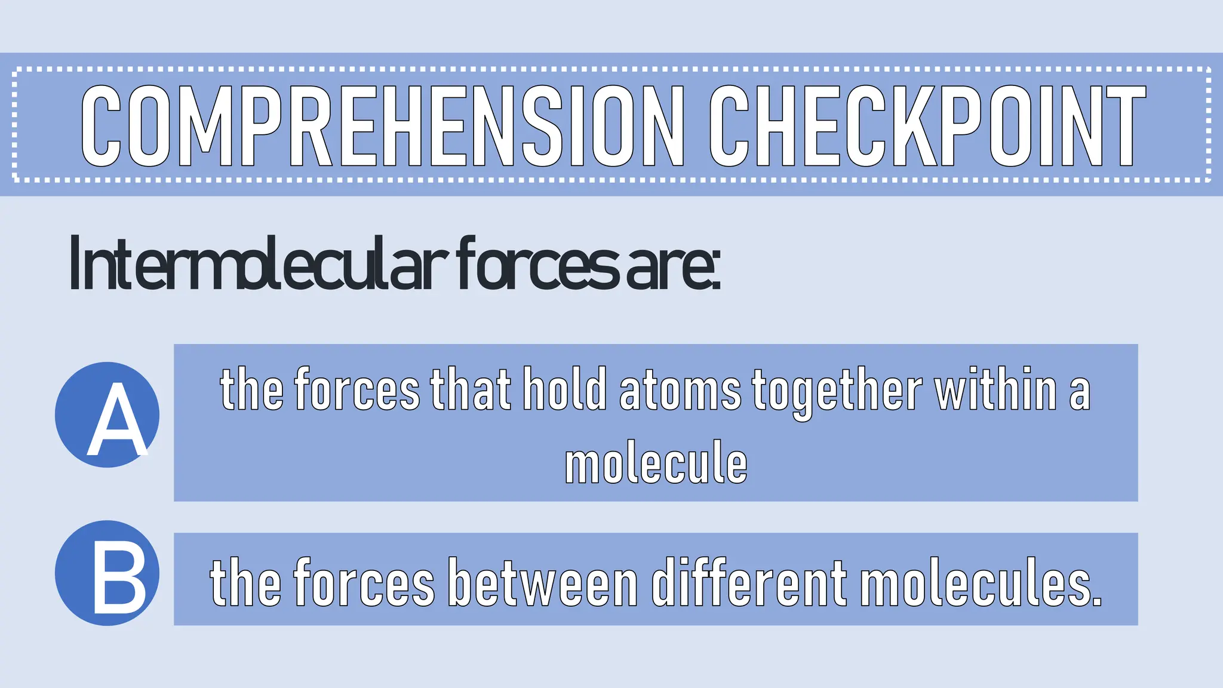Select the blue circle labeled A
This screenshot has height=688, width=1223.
107,414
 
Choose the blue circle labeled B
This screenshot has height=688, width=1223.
107,573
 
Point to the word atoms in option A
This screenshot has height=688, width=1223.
680,391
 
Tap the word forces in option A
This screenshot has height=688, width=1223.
357,391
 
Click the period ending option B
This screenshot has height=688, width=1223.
1096,603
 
